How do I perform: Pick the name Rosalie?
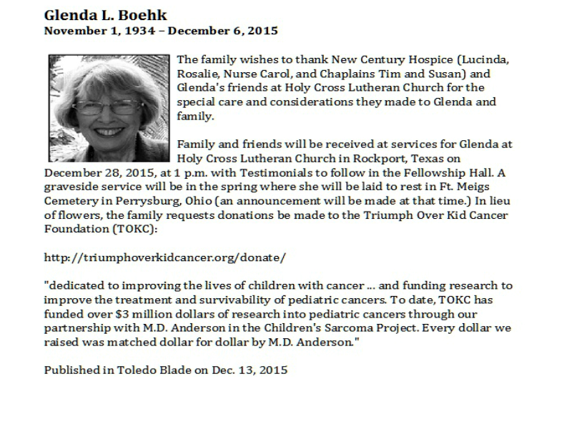[197, 74]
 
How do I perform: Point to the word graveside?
[71, 186]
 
